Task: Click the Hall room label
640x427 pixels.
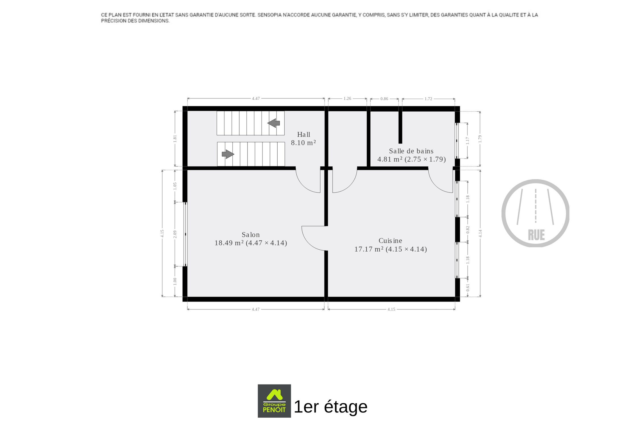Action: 304,134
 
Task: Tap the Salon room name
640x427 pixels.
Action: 251,235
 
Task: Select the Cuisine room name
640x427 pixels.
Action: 390,241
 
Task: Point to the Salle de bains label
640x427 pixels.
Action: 411,151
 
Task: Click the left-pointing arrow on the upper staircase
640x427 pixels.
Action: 274,123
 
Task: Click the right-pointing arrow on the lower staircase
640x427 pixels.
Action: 228,154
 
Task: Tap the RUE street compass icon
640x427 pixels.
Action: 535,213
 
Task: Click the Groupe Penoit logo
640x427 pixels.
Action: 274,401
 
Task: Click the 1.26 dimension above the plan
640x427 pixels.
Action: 347,98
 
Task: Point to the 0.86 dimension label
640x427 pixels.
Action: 384,99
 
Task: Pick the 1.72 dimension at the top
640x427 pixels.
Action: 428,99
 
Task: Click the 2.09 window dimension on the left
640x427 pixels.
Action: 175,234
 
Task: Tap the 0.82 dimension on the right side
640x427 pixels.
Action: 468,230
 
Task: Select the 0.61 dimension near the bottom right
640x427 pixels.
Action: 468,288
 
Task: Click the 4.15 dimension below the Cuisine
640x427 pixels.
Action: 391,309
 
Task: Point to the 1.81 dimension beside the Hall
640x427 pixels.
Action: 175,139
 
